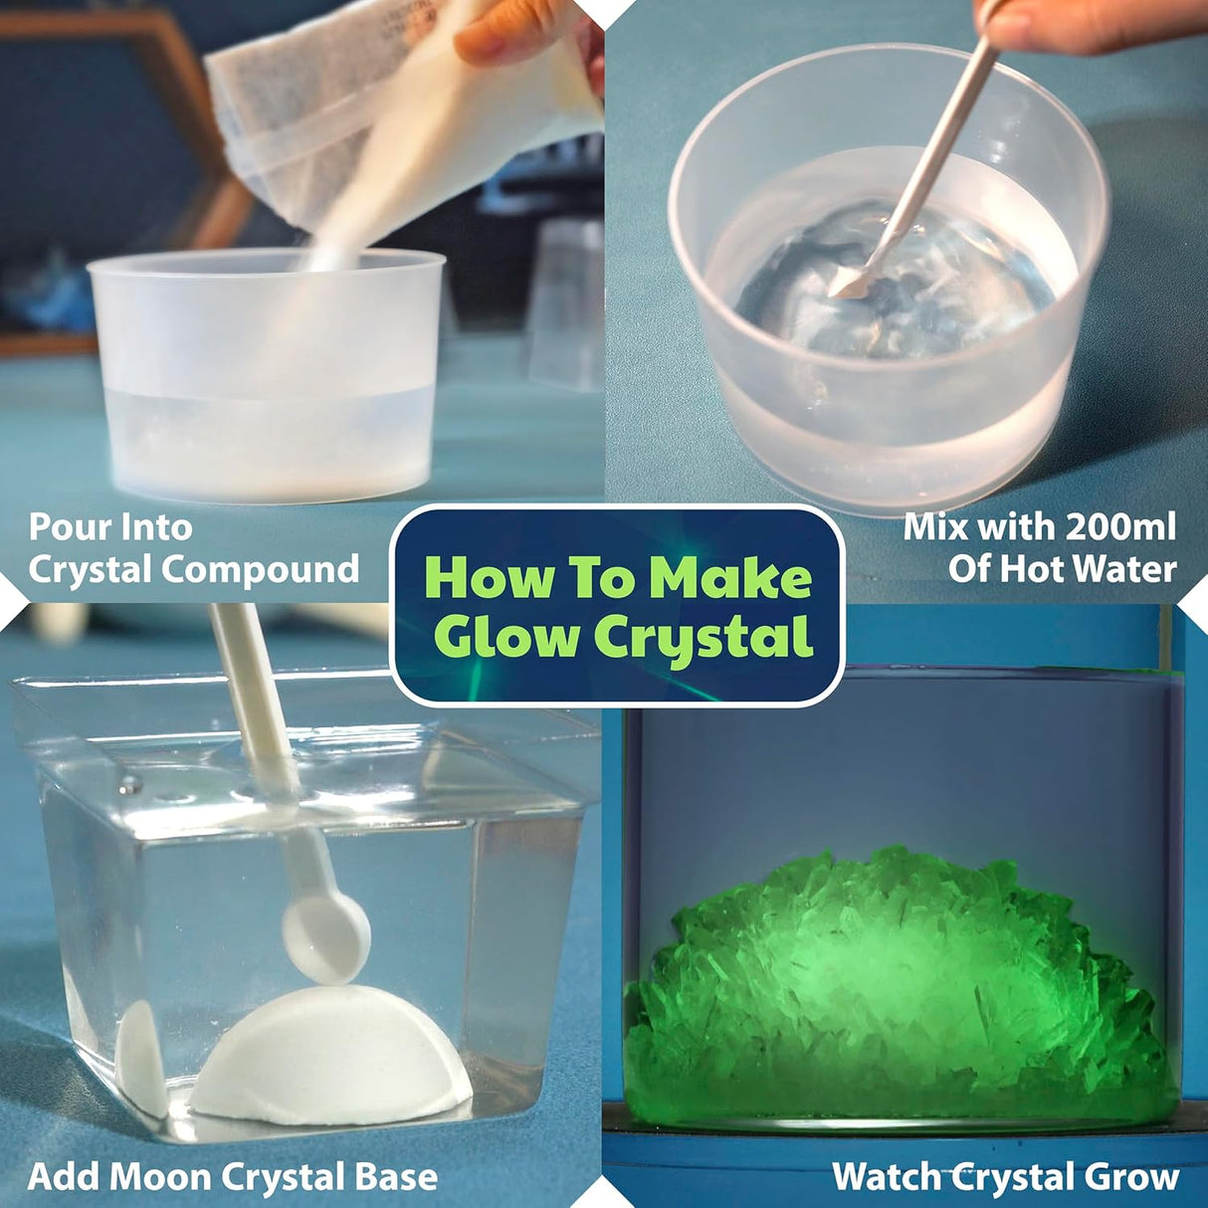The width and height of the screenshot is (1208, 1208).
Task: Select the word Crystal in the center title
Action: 705,638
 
